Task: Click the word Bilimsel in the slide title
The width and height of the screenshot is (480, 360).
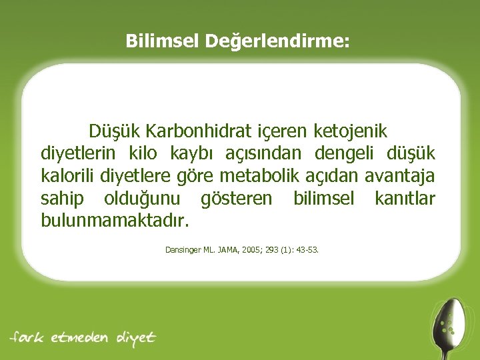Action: pos(162,41)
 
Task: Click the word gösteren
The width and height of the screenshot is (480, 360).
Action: pos(237,198)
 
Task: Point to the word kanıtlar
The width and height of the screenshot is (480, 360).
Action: pos(405,198)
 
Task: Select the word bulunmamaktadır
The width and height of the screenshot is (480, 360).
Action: pos(115,220)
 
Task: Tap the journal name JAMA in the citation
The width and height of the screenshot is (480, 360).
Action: pos(231,251)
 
